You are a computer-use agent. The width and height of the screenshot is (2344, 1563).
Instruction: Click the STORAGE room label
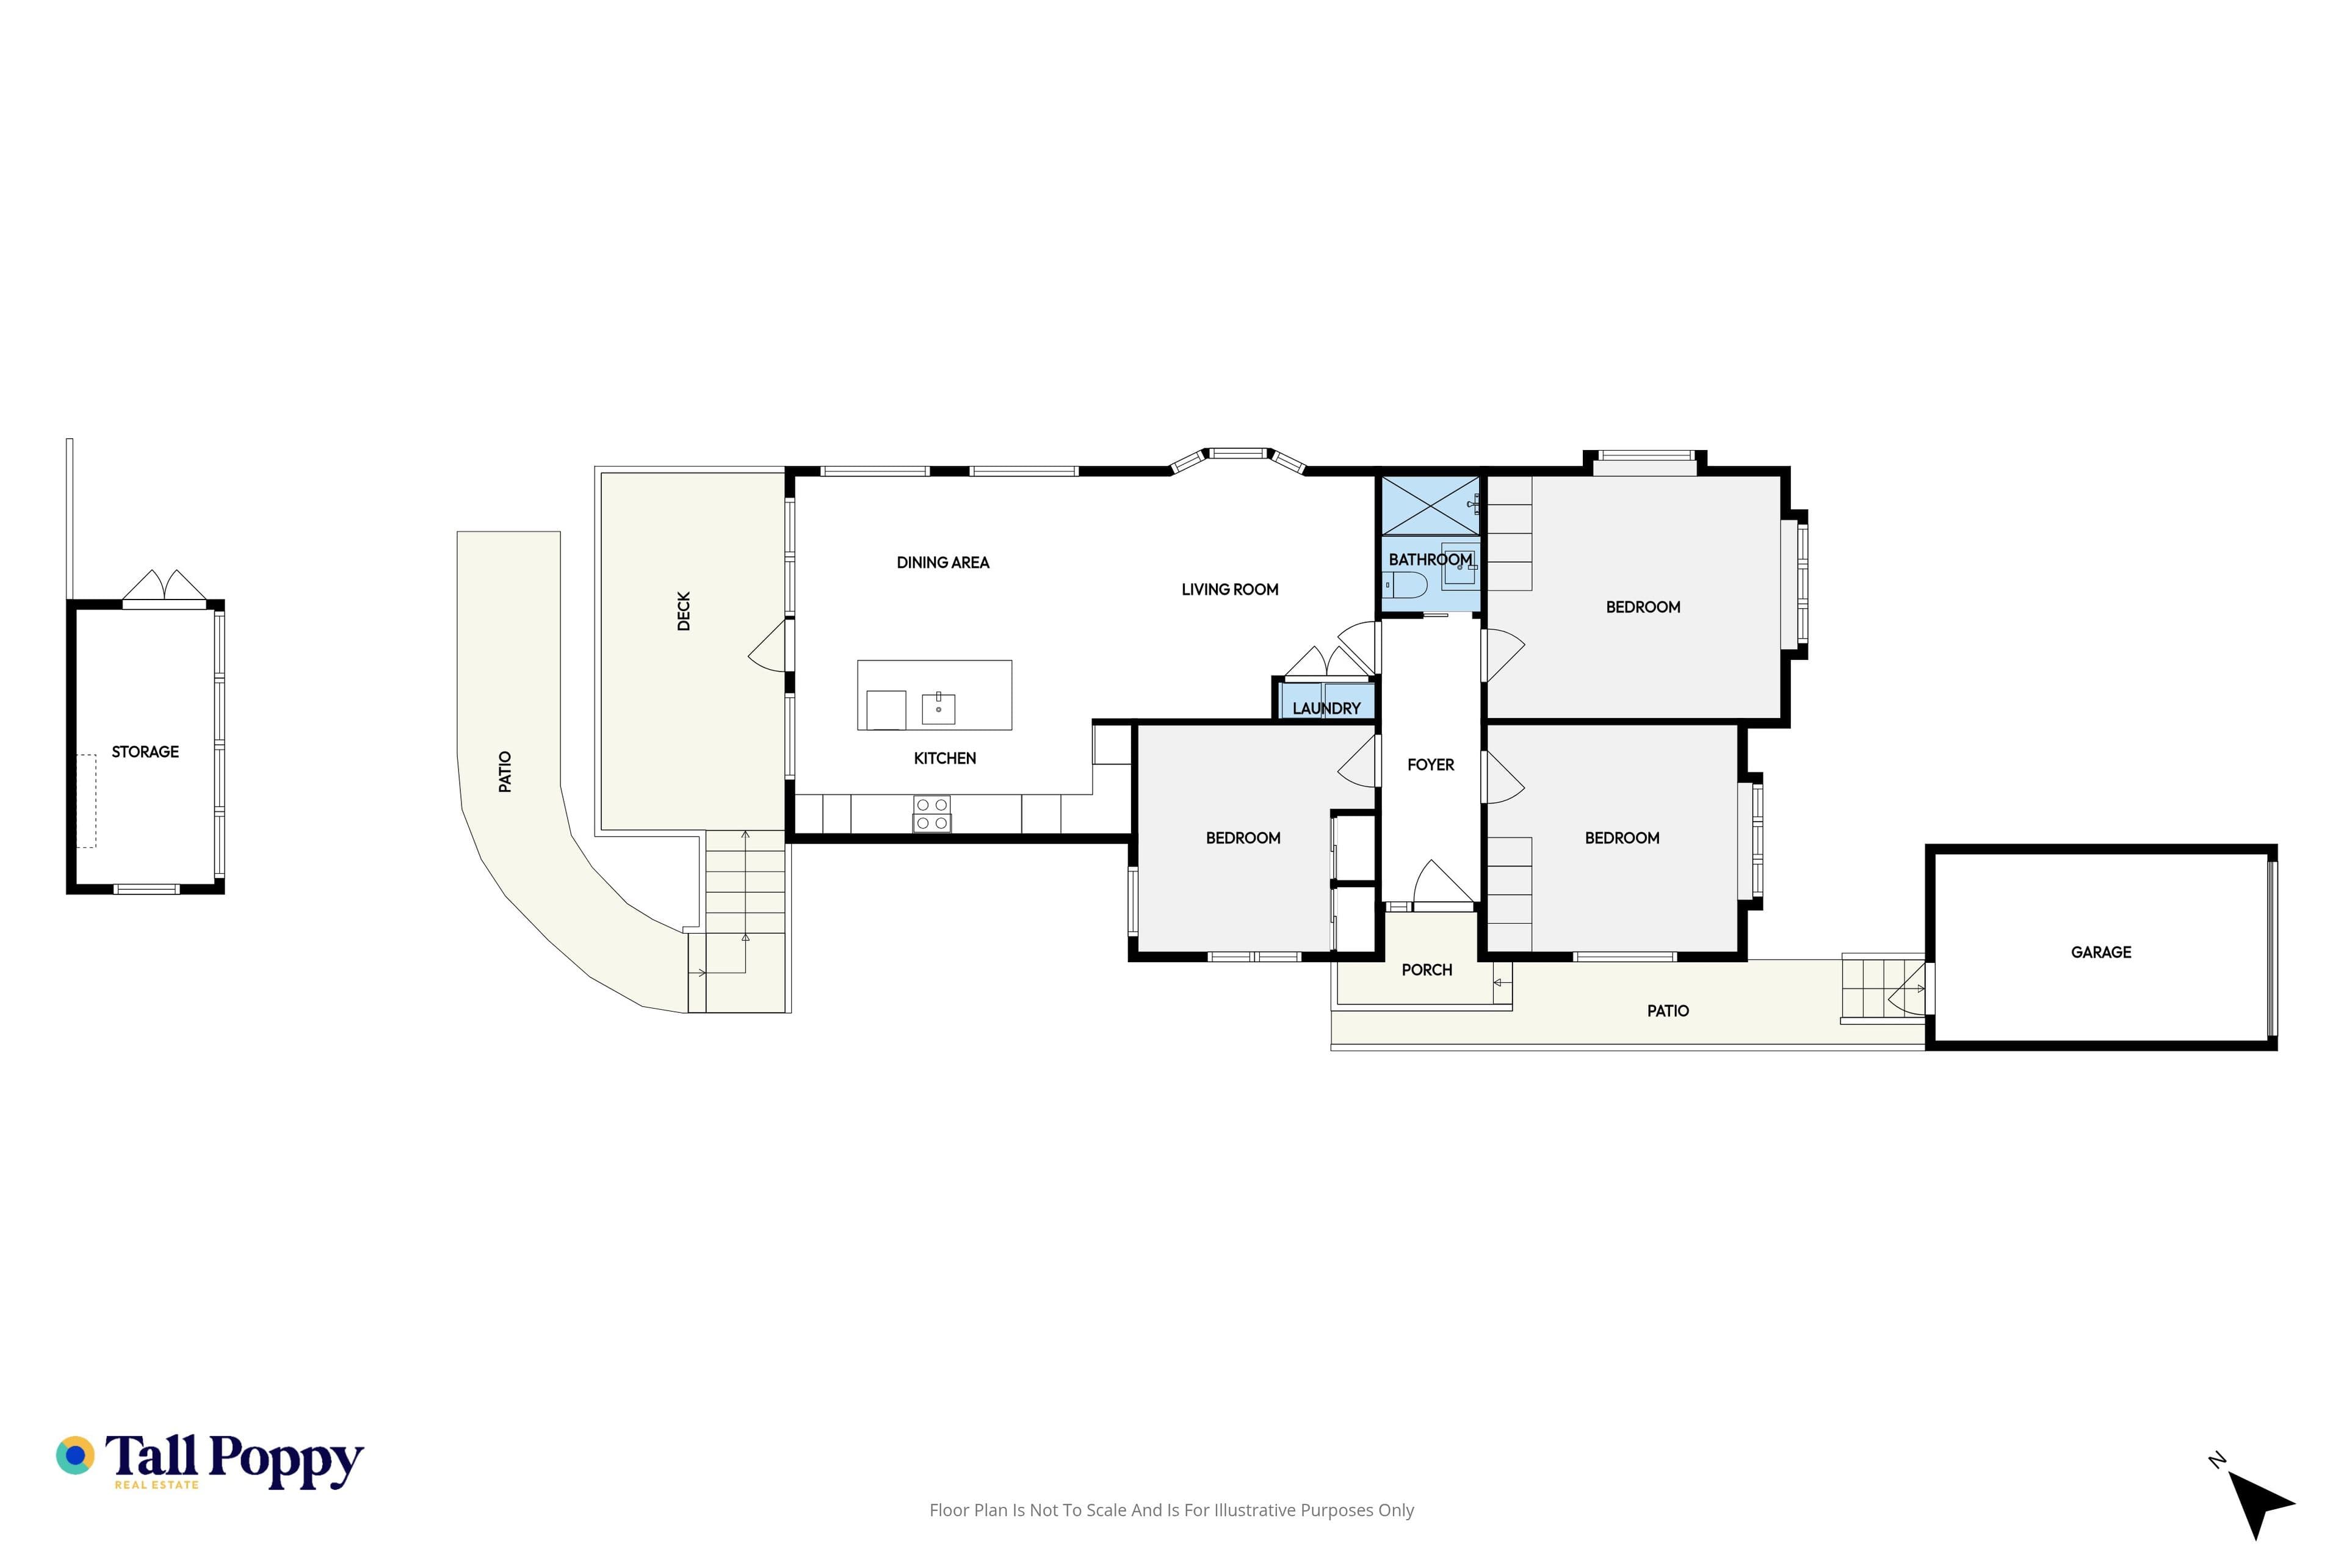(145, 752)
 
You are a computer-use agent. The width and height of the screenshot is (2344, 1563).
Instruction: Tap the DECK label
(684, 611)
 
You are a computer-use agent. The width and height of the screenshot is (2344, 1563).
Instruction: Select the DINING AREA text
(942, 562)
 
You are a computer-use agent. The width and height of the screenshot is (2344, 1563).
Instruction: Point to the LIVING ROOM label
(1230, 589)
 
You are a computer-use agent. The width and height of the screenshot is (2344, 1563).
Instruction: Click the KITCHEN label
(945, 758)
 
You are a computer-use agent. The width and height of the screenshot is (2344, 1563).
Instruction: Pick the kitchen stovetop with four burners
(932, 813)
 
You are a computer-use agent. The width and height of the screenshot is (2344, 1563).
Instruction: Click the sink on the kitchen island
(938, 708)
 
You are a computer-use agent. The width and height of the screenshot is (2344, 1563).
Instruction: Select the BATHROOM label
(1430, 559)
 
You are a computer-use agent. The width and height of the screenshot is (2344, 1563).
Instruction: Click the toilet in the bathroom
(1405, 584)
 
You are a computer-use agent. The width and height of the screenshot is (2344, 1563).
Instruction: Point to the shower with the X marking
(1431, 506)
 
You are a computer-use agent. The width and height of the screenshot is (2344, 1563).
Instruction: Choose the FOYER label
(1431, 764)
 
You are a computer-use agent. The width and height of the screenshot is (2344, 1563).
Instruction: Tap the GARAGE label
(2101, 952)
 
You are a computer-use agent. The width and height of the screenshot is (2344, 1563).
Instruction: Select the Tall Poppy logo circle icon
(74, 1456)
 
